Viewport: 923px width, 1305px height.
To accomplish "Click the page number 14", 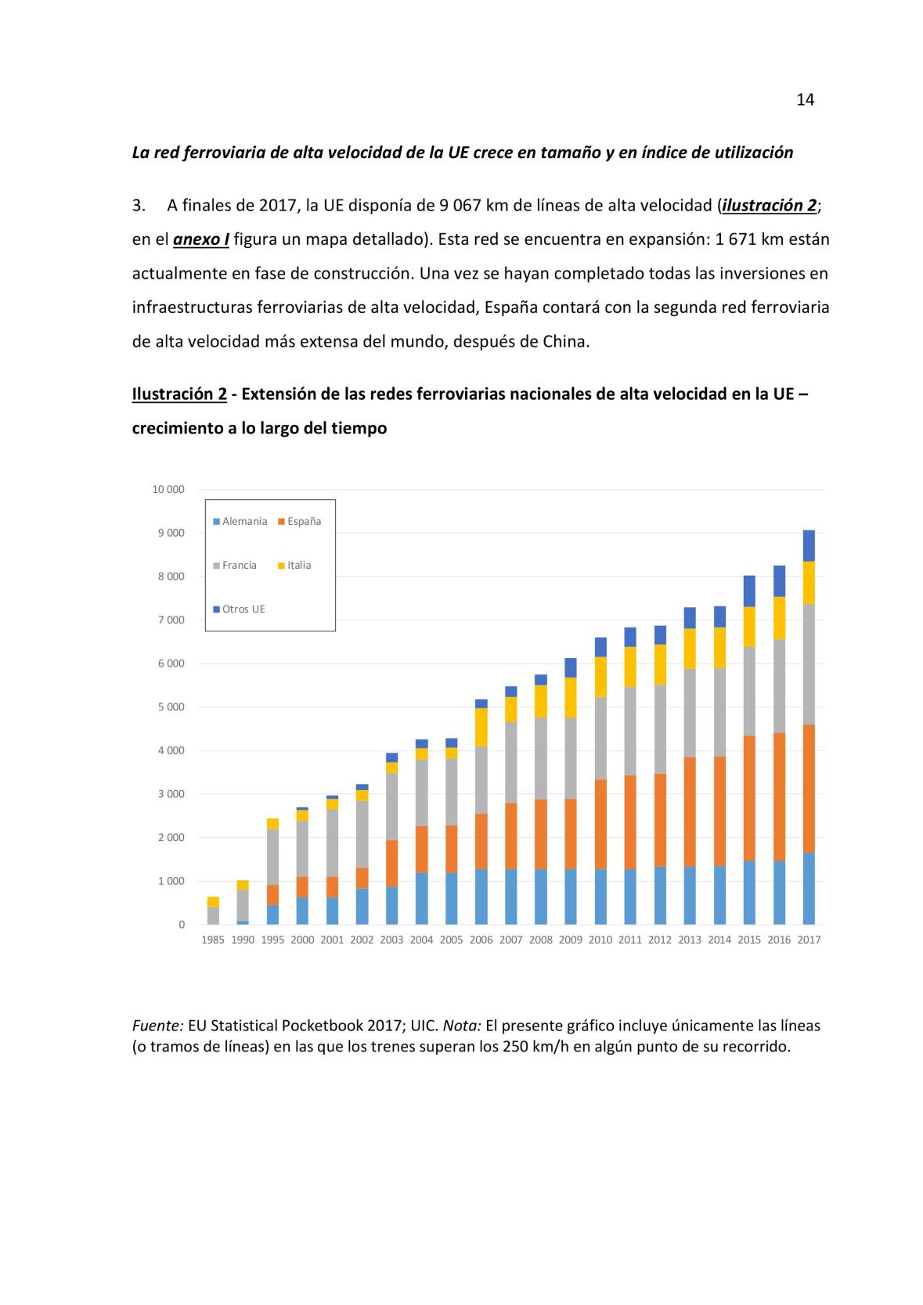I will pos(805,99).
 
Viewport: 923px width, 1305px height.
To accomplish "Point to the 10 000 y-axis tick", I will pos(168,490).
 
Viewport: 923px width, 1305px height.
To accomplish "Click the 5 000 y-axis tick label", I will pos(171,707).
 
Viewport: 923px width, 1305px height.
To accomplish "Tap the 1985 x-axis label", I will pos(213,940).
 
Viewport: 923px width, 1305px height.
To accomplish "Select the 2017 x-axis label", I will pos(809,940).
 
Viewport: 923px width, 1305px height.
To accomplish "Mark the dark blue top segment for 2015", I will pos(749,591).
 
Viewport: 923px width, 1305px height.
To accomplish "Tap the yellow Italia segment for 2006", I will pos(481,727).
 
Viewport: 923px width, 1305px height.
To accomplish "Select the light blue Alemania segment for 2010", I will pos(600,896).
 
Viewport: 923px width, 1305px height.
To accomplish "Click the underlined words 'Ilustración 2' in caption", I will pos(179,394).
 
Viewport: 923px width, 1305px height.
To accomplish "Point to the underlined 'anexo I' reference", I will pos(201,239).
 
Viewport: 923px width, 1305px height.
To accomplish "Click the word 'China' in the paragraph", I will pos(564,342).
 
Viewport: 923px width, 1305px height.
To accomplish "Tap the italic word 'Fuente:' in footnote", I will pos(157,1025).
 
